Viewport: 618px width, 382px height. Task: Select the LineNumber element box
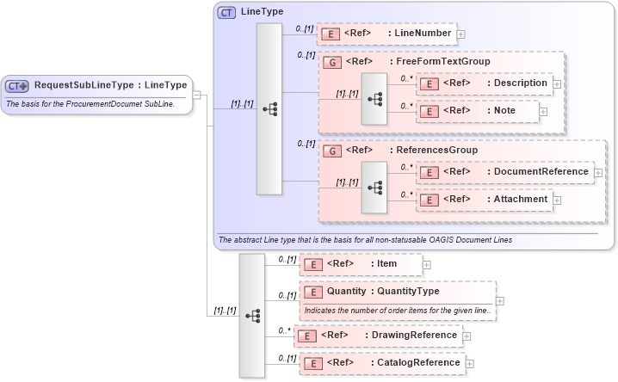tap(386, 34)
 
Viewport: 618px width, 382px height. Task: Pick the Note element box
tap(477, 111)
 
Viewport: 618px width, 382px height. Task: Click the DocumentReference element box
tap(504, 172)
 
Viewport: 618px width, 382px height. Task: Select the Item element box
tap(361, 264)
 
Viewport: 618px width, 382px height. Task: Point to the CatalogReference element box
tap(382, 363)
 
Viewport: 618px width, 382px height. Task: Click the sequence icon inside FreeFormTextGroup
tap(374, 98)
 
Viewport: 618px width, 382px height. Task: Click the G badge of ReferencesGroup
tap(331, 151)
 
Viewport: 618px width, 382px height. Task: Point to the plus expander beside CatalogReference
tap(470, 364)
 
